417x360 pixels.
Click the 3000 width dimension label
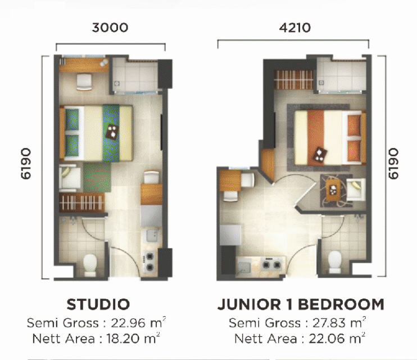tap(110, 28)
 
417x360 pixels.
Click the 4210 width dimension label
tap(294, 28)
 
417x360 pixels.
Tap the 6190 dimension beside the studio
tap(26, 163)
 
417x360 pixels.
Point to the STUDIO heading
tap(98, 304)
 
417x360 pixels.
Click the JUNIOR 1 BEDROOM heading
tap(301, 304)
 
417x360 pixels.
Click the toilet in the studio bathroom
tap(89, 265)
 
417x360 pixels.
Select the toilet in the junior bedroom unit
tap(335, 262)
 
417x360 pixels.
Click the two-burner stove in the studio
tap(149, 261)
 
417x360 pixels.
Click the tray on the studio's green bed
tap(112, 131)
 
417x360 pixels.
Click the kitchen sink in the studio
tap(153, 235)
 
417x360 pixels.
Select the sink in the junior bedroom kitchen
tap(244, 267)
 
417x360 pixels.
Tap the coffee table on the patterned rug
tap(333, 190)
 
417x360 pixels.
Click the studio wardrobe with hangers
tap(81, 202)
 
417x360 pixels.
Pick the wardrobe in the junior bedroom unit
tap(294, 80)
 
